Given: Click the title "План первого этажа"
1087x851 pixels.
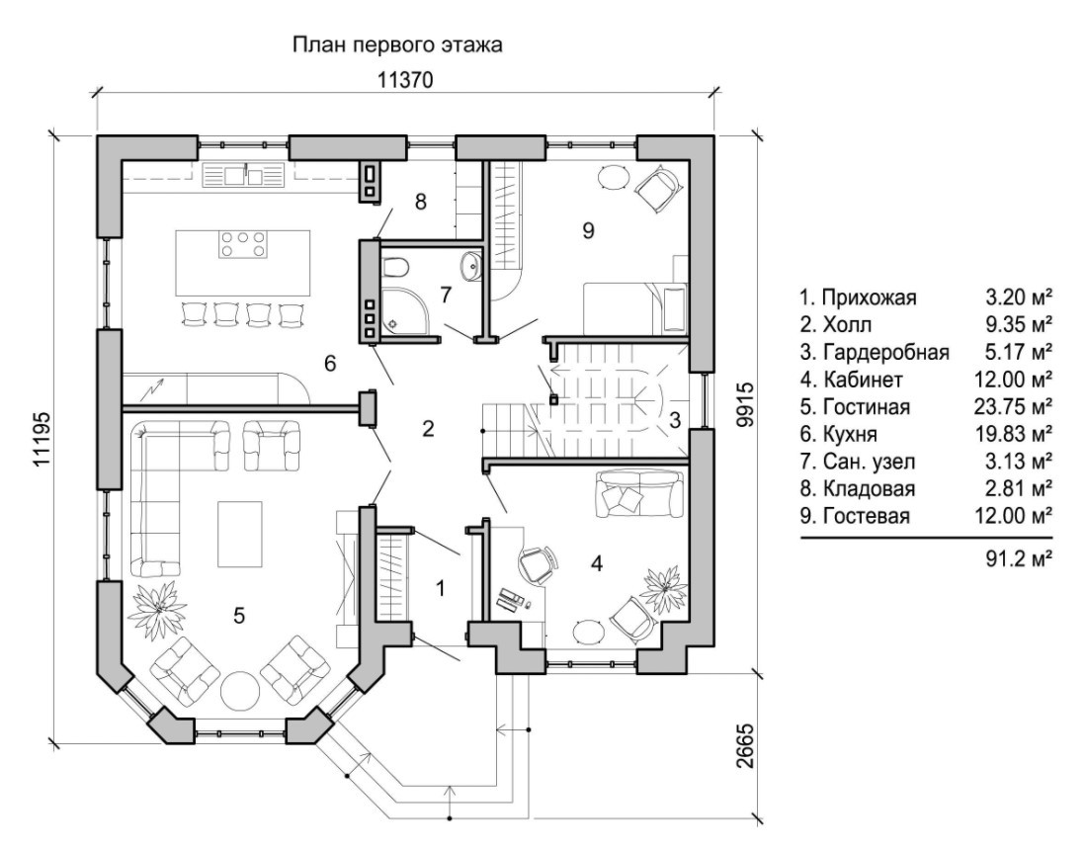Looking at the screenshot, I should [397, 44].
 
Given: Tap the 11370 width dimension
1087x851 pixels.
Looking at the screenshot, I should [406, 79].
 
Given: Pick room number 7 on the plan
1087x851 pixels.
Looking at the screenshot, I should [446, 294].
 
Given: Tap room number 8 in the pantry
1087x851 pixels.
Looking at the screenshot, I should [420, 203].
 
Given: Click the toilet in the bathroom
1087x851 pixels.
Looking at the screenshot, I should [395, 267].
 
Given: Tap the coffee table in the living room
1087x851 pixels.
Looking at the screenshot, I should [240, 534].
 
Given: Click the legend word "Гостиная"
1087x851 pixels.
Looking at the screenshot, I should [866, 407].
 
